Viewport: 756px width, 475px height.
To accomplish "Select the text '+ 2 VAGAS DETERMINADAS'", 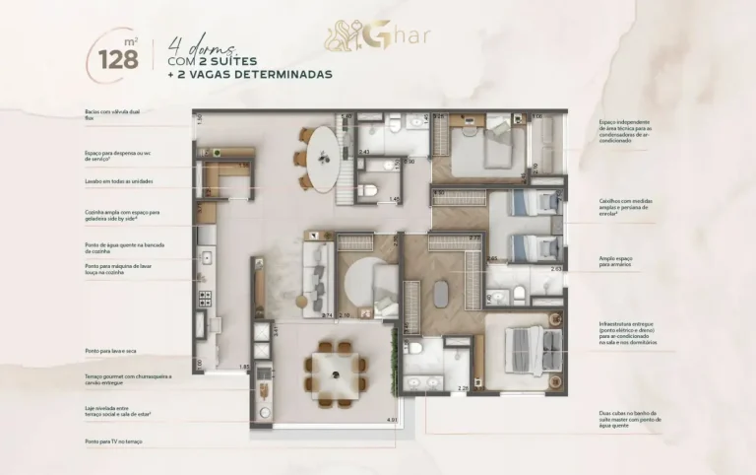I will click(249, 74).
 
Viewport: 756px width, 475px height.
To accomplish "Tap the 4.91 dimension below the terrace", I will click(391, 421).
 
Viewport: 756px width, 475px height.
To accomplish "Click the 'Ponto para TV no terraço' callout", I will click(114, 441).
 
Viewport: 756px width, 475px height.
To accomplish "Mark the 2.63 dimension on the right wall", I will click(556, 267).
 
